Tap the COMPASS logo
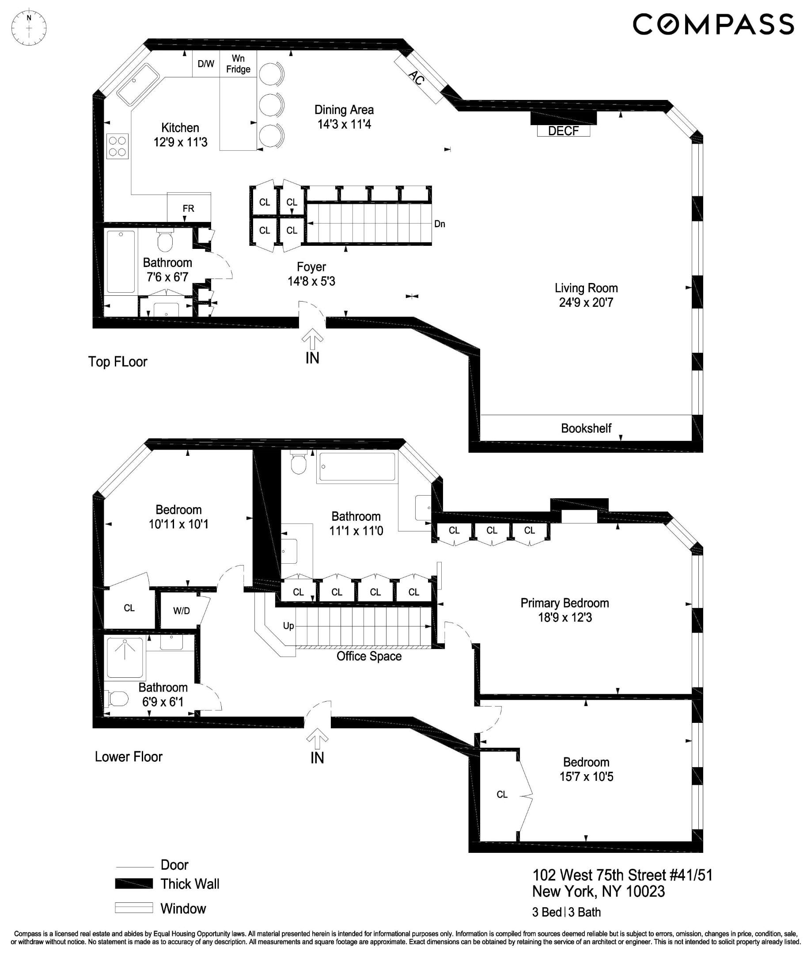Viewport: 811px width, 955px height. point(713,24)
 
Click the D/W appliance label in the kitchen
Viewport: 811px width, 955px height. point(205,64)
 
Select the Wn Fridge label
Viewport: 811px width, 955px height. point(238,64)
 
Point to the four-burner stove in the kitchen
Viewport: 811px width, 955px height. point(117,146)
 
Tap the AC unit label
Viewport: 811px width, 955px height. point(417,78)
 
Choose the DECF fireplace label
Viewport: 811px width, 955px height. point(563,131)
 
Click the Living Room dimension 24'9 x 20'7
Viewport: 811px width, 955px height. point(586,302)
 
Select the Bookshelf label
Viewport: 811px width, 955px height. point(586,428)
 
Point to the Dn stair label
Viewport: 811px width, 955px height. point(440,224)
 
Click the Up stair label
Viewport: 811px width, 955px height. point(288,626)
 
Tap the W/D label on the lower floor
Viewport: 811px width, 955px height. point(181,611)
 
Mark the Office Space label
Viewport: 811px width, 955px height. point(369,656)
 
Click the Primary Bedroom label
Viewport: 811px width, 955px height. point(565,603)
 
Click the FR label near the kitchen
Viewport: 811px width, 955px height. point(188,209)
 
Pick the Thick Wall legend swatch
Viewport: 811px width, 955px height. point(134,884)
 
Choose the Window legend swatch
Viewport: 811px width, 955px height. point(134,908)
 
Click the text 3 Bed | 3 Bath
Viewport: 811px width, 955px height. point(566,912)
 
